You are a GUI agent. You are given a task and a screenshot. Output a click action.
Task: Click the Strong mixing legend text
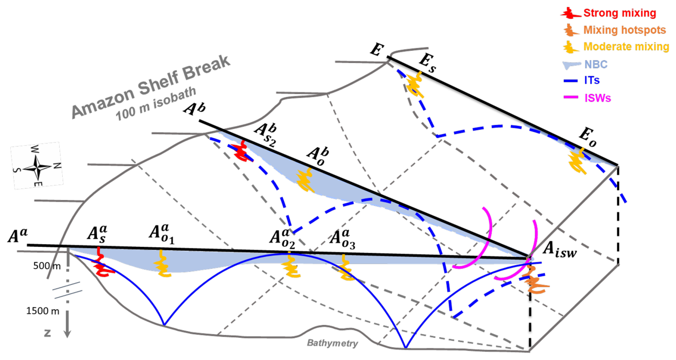pos(620,13)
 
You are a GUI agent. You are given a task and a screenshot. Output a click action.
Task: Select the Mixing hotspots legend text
pos(625,30)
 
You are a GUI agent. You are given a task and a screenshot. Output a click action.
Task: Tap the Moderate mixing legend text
pos(626,47)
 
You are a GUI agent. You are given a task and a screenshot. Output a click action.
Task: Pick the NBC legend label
pos(596,65)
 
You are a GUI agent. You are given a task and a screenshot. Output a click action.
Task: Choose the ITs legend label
pos(592,80)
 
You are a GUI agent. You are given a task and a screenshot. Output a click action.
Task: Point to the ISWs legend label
pos(597,98)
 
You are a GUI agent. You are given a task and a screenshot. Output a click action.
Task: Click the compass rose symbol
pos(37,167)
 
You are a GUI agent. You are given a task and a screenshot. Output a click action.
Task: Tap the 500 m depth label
pos(47,266)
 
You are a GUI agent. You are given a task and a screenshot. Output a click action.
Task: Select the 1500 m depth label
pos(43,311)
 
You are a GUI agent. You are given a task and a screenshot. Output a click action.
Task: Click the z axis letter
pos(47,333)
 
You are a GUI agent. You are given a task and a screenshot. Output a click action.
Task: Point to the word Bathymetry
pos(332,344)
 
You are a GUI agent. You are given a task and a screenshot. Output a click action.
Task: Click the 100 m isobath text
pos(156,104)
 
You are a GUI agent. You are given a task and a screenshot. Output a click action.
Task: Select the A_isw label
pos(559,250)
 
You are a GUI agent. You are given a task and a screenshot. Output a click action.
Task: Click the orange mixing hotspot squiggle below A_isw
pos(535,281)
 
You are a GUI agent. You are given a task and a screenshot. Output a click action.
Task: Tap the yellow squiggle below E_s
pos(415,85)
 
